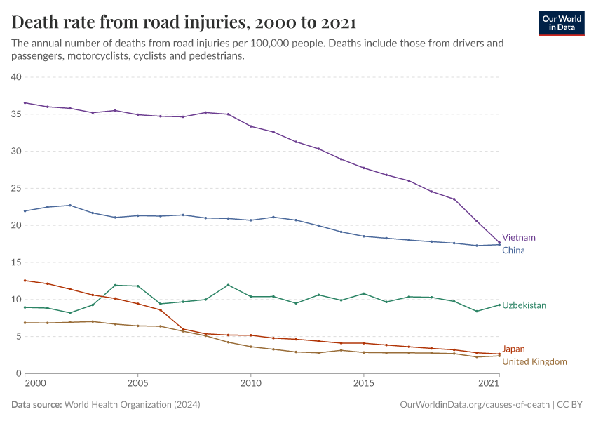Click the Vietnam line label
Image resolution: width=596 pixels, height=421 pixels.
point(518,238)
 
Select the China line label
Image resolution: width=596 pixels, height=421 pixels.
point(513,250)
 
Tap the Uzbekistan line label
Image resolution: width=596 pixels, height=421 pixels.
point(524,306)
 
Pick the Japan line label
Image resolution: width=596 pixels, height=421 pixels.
point(513,349)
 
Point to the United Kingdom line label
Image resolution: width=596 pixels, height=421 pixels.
point(534,361)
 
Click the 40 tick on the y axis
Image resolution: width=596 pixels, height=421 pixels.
point(16,76)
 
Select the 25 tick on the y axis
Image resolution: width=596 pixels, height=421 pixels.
point(16,188)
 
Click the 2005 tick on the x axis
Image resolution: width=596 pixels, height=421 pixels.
point(137,384)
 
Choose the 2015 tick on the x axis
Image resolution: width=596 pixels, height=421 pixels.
point(363,384)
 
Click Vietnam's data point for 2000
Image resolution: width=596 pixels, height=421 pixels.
point(25,103)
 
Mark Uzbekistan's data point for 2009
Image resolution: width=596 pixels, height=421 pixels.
point(228,285)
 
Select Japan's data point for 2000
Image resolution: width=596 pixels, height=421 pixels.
point(25,281)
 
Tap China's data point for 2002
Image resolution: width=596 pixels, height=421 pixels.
point(69,206)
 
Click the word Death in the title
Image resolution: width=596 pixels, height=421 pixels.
point(34,23)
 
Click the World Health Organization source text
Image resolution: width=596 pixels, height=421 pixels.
point(132,405)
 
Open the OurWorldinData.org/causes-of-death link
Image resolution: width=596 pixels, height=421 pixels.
point(474,405)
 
